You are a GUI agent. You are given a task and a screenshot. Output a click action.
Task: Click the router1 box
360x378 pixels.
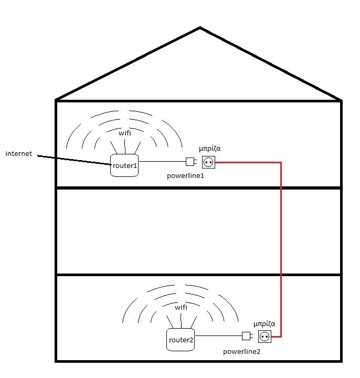tap(124, 165)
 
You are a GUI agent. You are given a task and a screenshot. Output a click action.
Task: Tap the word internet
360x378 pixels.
tap(19, 154)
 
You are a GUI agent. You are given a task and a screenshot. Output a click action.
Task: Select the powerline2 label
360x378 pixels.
tap(241, 351)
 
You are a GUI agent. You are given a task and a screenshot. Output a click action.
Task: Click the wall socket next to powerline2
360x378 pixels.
tap(265, 336)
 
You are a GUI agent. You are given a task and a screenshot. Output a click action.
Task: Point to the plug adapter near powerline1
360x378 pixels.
tap(190, 162)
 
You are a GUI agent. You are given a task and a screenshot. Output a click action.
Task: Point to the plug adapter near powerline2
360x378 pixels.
tap(247, 336)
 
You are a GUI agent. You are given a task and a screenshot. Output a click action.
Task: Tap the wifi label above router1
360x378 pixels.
tap(125, 133)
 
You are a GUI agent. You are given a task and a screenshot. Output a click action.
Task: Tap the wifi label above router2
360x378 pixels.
tap(181, 307)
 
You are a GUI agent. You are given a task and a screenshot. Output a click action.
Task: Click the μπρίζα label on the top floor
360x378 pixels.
tap(208, 149)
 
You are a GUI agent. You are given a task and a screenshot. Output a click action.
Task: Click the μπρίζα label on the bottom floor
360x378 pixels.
tap(264, 324)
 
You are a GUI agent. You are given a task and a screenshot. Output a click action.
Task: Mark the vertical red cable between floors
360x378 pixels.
tap(281, 247)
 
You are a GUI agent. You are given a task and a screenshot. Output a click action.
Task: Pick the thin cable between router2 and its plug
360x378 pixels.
tap(218, 335)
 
